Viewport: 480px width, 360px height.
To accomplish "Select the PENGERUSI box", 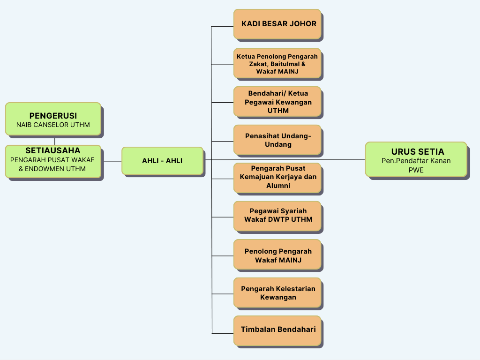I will pyautogui.click(x=53, y=119).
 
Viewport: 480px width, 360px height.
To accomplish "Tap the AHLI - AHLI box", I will pyautogui.click(x=162, y=161).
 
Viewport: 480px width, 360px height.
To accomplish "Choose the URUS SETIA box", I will pyautogui.click(x=416, y=159).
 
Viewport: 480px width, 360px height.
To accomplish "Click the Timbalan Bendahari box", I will pyautogui.click(x=277, y=330).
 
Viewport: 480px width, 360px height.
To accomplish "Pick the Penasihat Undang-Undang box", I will pyautogui.click(x=277, y=140).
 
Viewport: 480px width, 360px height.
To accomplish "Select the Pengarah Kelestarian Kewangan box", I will pyautogui.click(x=277, y=293).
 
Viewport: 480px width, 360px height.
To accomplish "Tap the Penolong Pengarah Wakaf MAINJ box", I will pyautogui.click(x=277, y=255).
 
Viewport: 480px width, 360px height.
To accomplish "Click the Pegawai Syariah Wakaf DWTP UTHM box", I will pyautogui.click(x=277, y=216).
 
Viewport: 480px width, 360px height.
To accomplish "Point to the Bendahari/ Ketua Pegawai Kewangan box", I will pyautogui.click(x=277, y=101).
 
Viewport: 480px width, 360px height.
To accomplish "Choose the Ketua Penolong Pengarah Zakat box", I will pyautogui.click(x=277, y=63).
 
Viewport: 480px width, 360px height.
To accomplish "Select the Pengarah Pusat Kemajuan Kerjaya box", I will pyautogui.click(x=277, y=178).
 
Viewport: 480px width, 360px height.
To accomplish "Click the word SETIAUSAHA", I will pyautogui.click(x=53, y=151).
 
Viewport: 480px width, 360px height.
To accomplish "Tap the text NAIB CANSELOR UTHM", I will pyautogui.click(x=53, y=125).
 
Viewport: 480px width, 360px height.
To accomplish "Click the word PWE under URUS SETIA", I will pyautogui.click(x=416, y=170).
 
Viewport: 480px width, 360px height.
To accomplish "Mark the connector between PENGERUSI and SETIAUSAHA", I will pyautogui.click(x=55, y=141).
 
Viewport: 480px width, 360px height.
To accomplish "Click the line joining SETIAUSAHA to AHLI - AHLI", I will pyautogui.click(x=112, y=162).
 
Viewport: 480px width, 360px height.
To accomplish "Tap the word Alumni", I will pyautogui.click(x=278, y=186).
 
